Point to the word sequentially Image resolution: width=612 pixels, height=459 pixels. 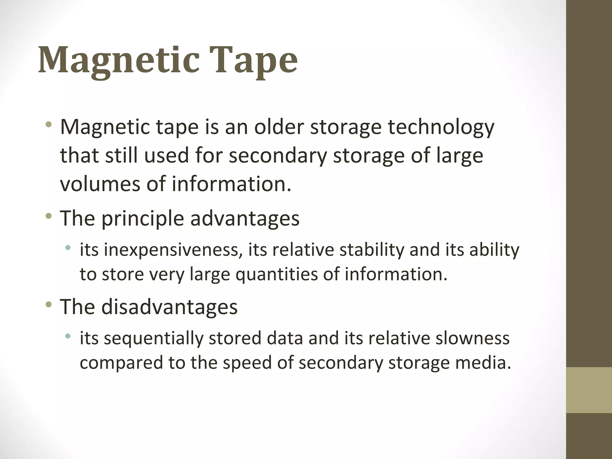coord(153,339)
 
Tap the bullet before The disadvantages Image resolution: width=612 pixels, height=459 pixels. coord(49,305)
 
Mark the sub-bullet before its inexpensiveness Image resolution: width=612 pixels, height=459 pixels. coord(68,248)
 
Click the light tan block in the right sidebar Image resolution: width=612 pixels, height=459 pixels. coord(589,390)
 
